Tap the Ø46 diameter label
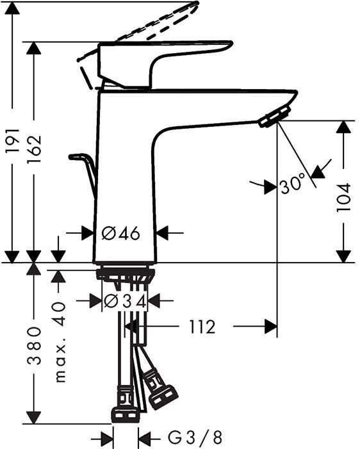tap(120, 233)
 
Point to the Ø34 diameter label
tap(125, 300)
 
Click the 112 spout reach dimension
tap(202, 327)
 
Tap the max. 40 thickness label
tap(60, 343)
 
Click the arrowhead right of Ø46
tap(163, 233)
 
